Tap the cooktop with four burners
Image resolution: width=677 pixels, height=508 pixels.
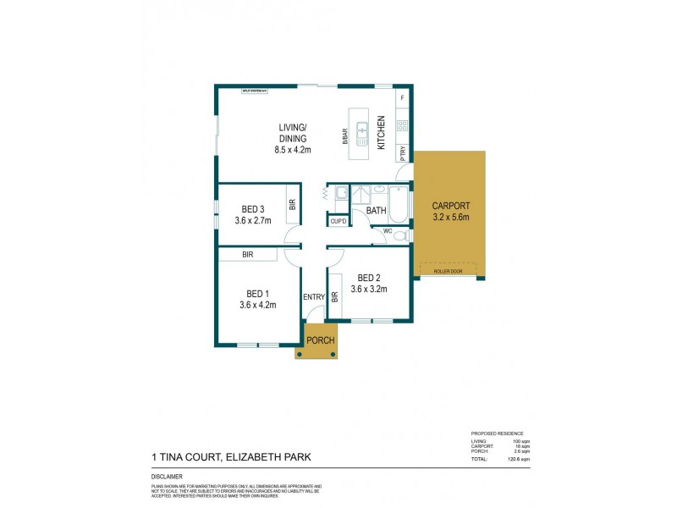pyautogui.click(x=403, y=126)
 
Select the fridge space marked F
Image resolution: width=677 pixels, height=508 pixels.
pyautogui.click(x=403, y=99)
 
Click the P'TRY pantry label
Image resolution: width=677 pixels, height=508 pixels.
pyautogui.click(x=403, y=153)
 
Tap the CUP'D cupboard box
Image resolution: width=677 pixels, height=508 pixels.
pyautogui.click(x=338, y=222)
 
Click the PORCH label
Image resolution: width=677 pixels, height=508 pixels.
pyautogui.click(x=320, y=340)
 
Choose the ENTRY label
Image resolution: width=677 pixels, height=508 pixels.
pyautogui.click(x=314, y=296)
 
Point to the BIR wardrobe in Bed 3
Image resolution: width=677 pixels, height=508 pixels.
pyautogui.click(x=292, y=204)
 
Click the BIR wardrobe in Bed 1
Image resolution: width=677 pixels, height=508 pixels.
pyautogui.click(x=247, y=253)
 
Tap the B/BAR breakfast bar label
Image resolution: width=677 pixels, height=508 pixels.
pyautogui.click(x=345, y=137)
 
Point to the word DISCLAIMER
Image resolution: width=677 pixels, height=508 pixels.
pyautogui.click(x=157, y=477)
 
